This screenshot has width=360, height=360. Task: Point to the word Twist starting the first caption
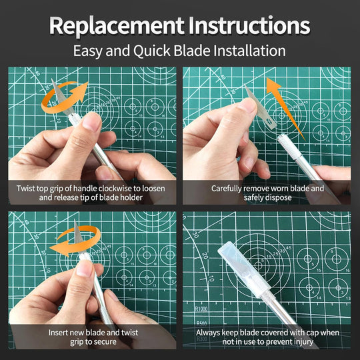[28, 188]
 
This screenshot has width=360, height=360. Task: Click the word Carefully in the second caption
[231, 188]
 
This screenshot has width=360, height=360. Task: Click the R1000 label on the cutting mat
[202, 309]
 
